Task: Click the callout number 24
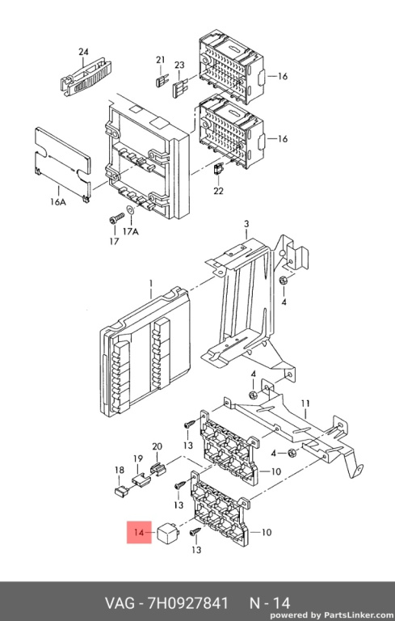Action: [83, 52]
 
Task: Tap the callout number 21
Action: [160, 60]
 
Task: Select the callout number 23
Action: [179, 65]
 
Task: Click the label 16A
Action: [58, 202]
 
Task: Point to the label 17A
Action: [131, 231]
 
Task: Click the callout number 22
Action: [218, 191]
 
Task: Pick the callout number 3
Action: [246, 224]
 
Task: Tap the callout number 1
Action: [151, 284]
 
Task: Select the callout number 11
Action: [305, 403]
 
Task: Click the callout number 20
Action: [158, 446]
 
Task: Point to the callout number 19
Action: [138, 458]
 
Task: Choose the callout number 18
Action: [119, 470]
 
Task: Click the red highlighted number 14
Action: [139, 532]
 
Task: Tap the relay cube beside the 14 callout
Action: [167, 532]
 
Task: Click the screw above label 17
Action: [116, 218]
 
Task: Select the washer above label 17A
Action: [130, 210]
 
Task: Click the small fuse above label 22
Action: [218, 168]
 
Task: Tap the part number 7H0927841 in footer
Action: [188, 603]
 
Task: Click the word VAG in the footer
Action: [120, 603]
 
